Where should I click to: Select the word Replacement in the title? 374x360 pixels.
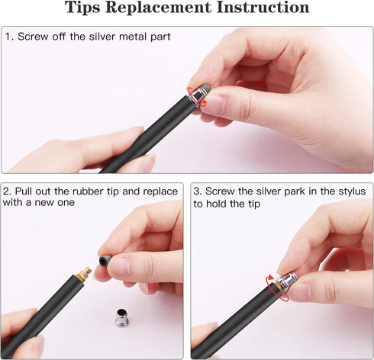(x=162, y=9)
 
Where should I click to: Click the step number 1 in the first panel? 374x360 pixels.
(x=8, y=37)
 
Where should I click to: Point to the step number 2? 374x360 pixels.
(x=8, y=191)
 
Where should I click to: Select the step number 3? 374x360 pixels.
(x=197, y=191)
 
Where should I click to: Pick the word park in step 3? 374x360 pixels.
(x=281, y=191)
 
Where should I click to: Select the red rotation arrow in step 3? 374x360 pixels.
(x=276, y=288)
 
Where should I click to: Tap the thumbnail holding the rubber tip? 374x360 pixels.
(x=118, y=266)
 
